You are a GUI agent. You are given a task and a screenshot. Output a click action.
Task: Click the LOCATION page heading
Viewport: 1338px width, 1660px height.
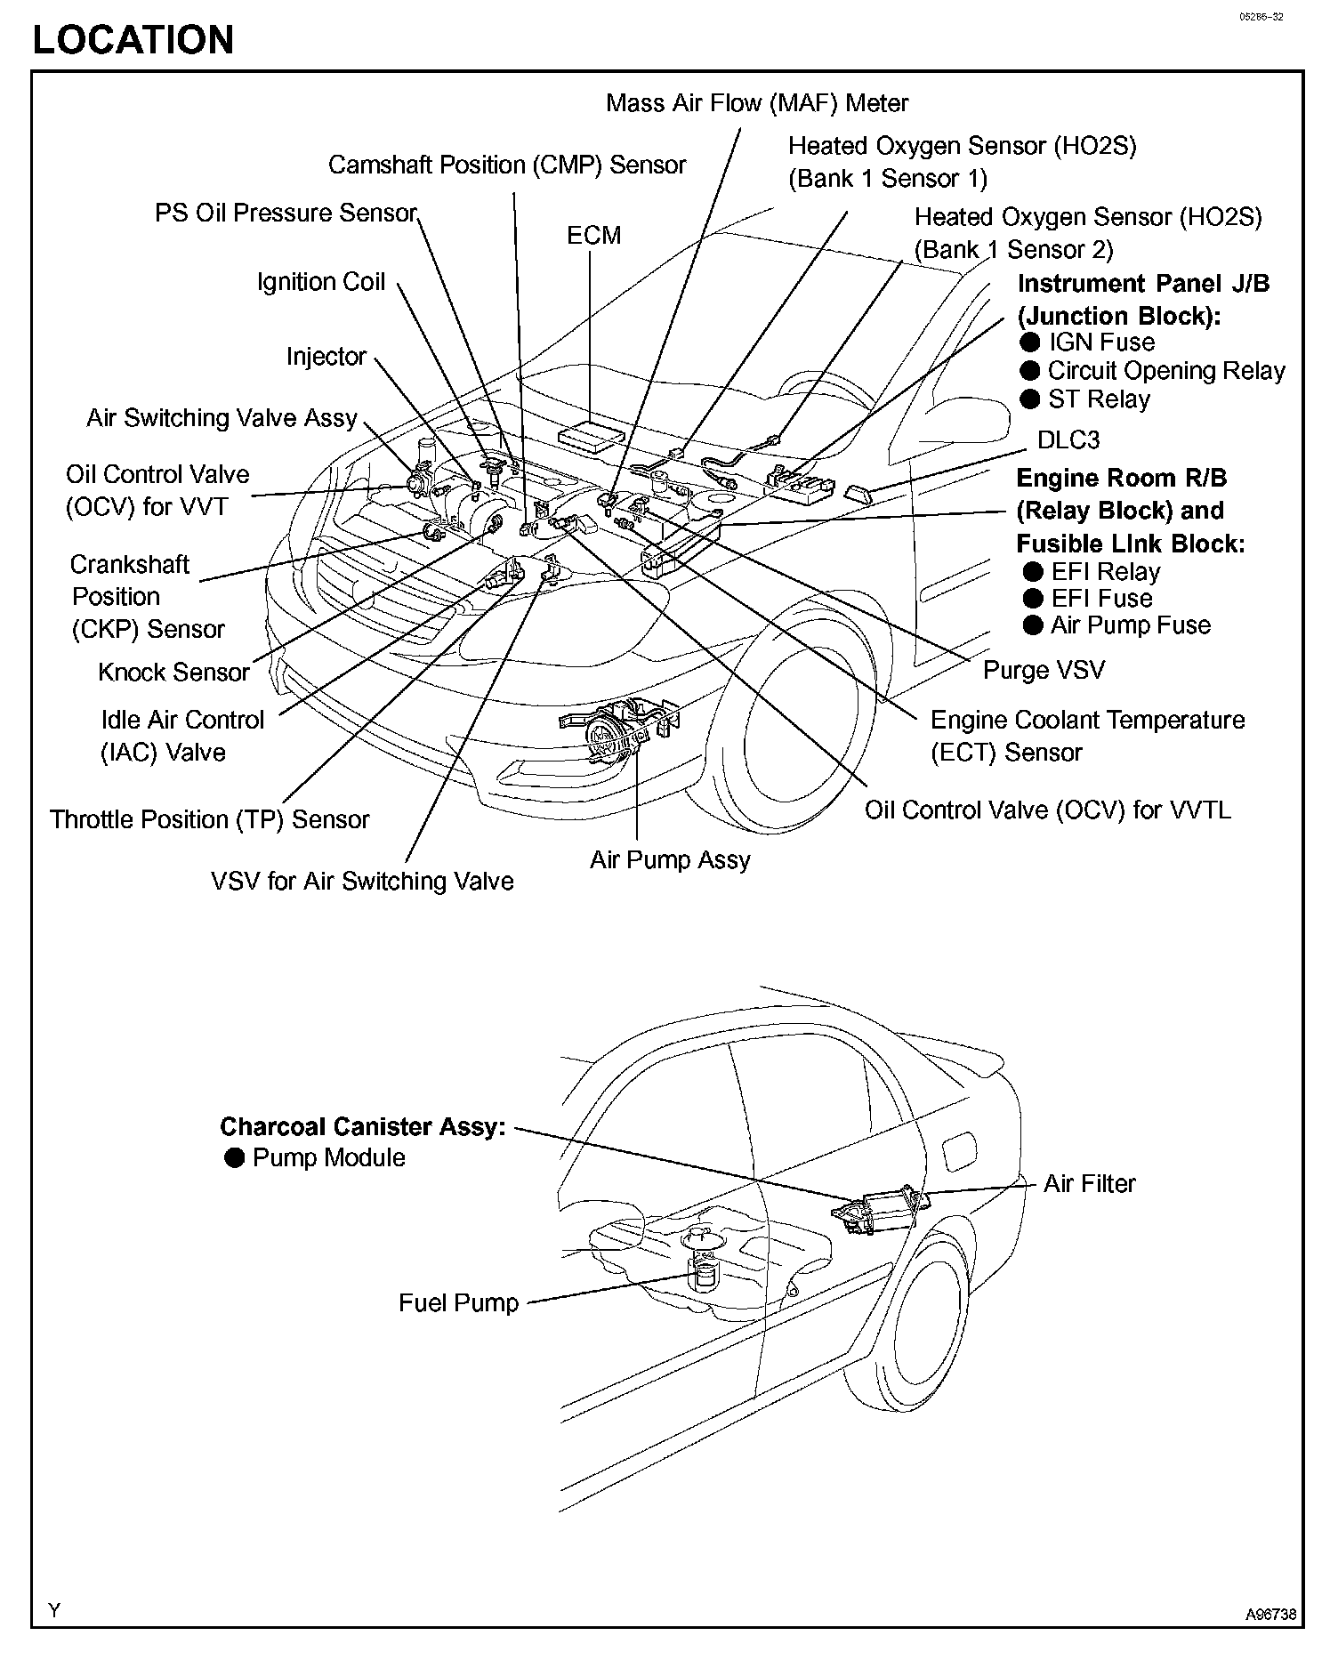(x=133, y=40)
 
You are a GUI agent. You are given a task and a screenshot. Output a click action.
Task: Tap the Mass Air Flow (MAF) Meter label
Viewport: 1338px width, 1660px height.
(x=757, y=103)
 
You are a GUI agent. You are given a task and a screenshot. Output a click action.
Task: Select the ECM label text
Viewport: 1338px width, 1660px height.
(x=593, y=236)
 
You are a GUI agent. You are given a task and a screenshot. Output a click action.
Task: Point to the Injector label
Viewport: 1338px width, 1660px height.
(x=326, y=357)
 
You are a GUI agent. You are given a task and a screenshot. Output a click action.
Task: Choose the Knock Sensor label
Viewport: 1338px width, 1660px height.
(x=173, y=673)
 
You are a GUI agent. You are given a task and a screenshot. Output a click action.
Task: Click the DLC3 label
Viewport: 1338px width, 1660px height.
(x=1068, y=440)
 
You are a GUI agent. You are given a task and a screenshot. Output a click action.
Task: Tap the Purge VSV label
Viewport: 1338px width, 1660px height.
(x=1044, y=670)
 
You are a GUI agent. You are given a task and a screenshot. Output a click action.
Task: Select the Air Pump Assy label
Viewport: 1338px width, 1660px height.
(x=670, y=860)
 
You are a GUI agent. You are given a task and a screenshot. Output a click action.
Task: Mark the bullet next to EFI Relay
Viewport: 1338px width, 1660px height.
(x=1033, y=572)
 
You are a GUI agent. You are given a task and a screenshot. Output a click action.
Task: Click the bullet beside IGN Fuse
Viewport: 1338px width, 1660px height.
(x=1030, y=342)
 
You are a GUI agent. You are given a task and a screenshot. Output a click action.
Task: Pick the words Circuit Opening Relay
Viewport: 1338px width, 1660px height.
(x=1166, y=371)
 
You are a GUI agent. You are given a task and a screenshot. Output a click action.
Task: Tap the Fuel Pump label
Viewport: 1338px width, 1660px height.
(x=458, y=1303)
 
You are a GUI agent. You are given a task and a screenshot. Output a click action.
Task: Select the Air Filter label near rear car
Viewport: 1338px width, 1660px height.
(x=1089, y=1184)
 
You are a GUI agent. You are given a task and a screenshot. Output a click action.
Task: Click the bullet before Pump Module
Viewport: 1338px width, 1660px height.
(x=234, y=1158)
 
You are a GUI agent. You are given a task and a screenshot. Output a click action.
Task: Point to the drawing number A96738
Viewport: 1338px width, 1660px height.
(x=1270, y=1614)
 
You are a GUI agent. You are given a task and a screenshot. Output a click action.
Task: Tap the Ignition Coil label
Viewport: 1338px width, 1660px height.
(x=321, y=282)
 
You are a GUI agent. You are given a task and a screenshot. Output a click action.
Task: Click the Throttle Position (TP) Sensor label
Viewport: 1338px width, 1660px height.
(x=209, y=819)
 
